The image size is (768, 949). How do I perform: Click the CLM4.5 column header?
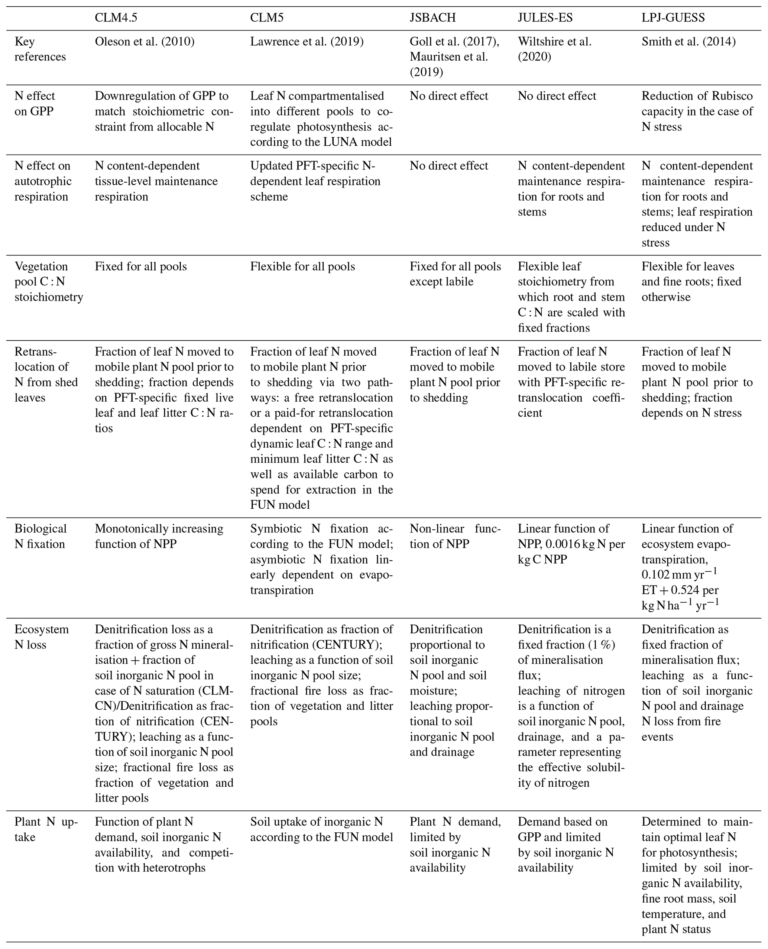[113, 18]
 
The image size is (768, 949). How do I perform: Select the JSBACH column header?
[432, 18]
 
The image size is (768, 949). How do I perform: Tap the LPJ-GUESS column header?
[673, 18]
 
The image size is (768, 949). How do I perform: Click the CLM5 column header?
[267, 18]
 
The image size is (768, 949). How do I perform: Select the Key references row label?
[40, 49]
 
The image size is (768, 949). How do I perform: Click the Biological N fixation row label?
[40, 536]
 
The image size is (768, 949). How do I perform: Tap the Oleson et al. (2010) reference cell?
[145, 42]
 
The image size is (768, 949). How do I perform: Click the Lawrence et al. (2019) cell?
[307, 42]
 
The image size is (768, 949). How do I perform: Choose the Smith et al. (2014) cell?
[688, 42]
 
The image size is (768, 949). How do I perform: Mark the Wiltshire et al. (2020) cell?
[554, 49]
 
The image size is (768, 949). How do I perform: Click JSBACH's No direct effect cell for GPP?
[448, 96]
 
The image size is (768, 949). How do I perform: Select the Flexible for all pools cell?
[302, 266]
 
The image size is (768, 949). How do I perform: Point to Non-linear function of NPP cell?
[455, 536]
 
